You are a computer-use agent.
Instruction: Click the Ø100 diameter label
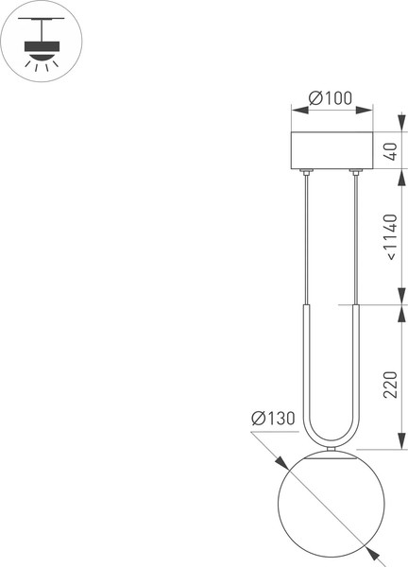pyautogui.click(x=331, y=98)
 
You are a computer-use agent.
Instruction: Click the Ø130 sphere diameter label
pyautogui.click(x=273, y=419)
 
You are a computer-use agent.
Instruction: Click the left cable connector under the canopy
pyautogui.click(x=306, y=172)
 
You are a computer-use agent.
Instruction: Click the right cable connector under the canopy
pyautogui.click(x=356, y=172)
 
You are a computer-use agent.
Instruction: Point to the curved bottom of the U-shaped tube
pyautogui.click(x=331, y=442)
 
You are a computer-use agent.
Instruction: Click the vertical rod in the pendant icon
pyautogui.click(x=42, y=31)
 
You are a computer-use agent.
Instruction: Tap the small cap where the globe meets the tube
pyautogui.click(x=331, y=450)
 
